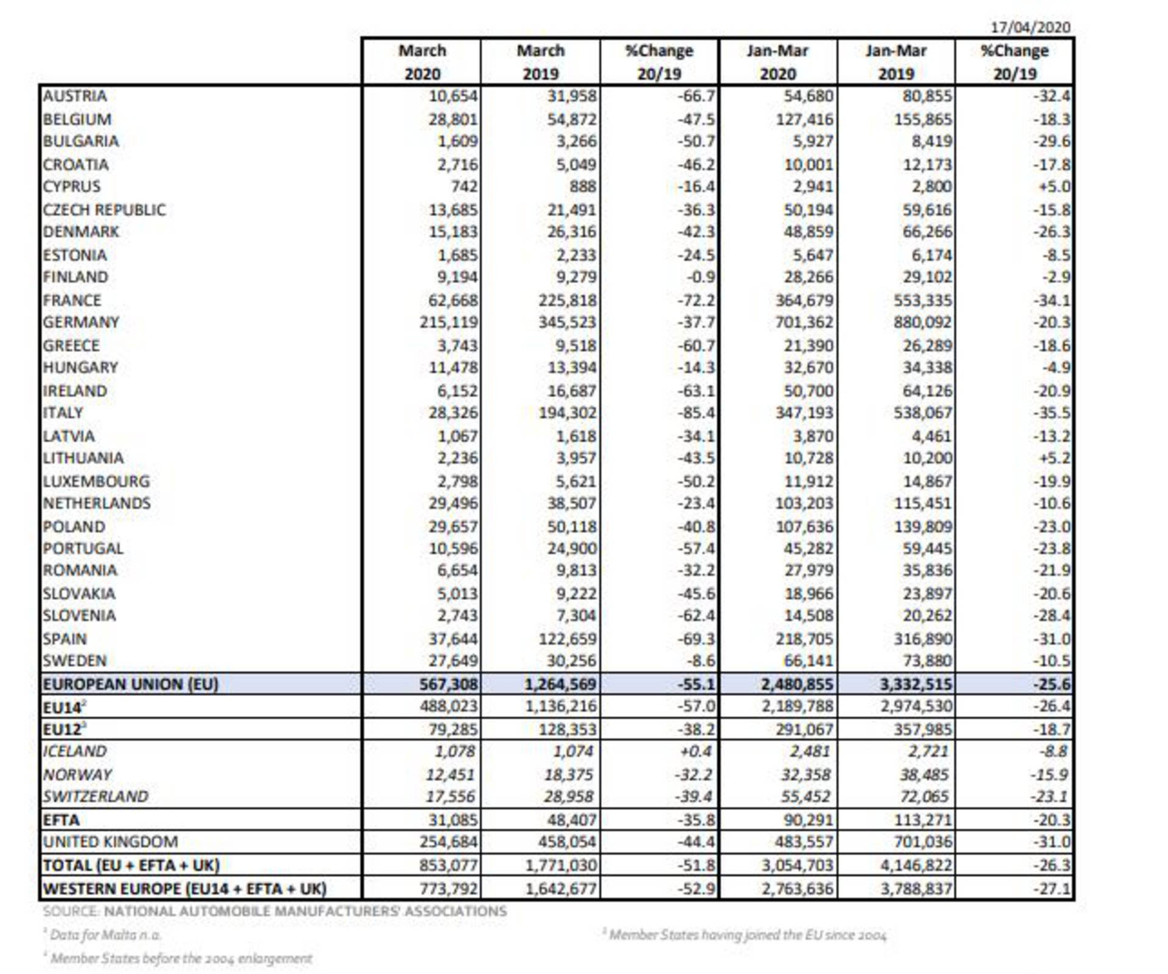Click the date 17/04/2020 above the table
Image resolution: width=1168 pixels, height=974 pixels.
click(x=1030, y=27)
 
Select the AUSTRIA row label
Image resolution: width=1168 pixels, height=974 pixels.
click(x=75, y=96)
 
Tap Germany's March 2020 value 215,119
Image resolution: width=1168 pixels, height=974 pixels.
click(x=449, y=322)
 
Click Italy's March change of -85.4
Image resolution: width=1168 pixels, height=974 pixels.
click(x=697, y=413)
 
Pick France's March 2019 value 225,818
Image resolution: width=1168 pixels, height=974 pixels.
click(x=567, y=301)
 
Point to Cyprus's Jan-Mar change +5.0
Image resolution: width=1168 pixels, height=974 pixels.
click(x=1054, y=187)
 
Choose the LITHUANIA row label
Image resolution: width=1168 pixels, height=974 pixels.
click(x=83, y=458)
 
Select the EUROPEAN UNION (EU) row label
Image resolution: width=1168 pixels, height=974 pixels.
click(x=130, y=684)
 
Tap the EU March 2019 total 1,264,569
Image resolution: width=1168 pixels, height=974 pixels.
click(x=560, y=684)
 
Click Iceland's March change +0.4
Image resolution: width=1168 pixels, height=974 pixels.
click(x=696, y=751)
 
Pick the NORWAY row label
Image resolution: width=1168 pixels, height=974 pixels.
click(x=77, y=774)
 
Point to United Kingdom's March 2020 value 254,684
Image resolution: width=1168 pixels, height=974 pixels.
click(x=449, y=842)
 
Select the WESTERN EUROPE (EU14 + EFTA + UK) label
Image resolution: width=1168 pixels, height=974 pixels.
click(x=185, y=889)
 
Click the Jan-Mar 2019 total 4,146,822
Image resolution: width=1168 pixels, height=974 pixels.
click(x=916, y=865)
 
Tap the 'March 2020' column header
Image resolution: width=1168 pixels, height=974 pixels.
click(x=422, y=62)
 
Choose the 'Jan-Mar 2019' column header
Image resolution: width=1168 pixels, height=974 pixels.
click(x=896, y=62)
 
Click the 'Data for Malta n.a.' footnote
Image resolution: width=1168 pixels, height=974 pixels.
click(x=105, y=935)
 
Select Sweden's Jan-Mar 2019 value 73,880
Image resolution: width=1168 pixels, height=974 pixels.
click(x=926, y=661)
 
